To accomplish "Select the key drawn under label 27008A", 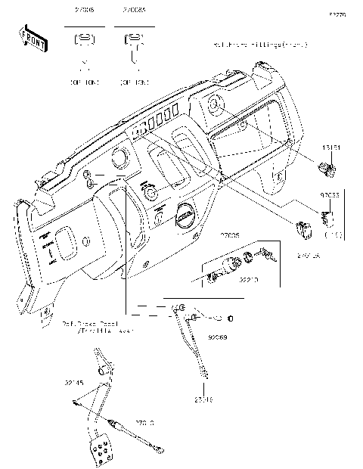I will [x=133, y=46].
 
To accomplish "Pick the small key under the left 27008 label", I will [x=85, y=42].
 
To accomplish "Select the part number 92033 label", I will [x=330, y=195].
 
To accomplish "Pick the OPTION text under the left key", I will [x=85, y=79].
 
